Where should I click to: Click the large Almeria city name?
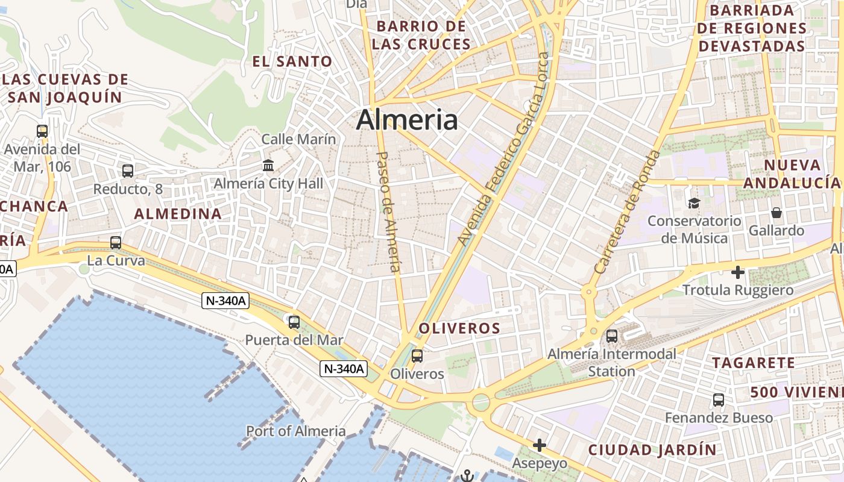407,120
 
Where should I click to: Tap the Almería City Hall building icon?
268,165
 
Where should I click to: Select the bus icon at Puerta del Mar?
294,322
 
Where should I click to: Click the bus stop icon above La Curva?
116,243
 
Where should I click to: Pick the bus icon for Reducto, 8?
128,171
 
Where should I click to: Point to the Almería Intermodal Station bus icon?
612,336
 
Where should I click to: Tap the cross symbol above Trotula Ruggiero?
738,272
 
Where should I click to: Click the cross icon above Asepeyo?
540,445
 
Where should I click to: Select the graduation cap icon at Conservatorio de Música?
694,204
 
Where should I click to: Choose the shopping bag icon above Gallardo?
776,213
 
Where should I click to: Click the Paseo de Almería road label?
388,211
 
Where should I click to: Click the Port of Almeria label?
296,431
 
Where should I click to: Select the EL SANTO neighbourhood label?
292,61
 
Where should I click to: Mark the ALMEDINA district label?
178,214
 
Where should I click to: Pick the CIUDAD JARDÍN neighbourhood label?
652,449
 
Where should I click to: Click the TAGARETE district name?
754,363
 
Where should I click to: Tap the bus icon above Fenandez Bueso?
719,400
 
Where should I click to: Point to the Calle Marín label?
298,139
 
